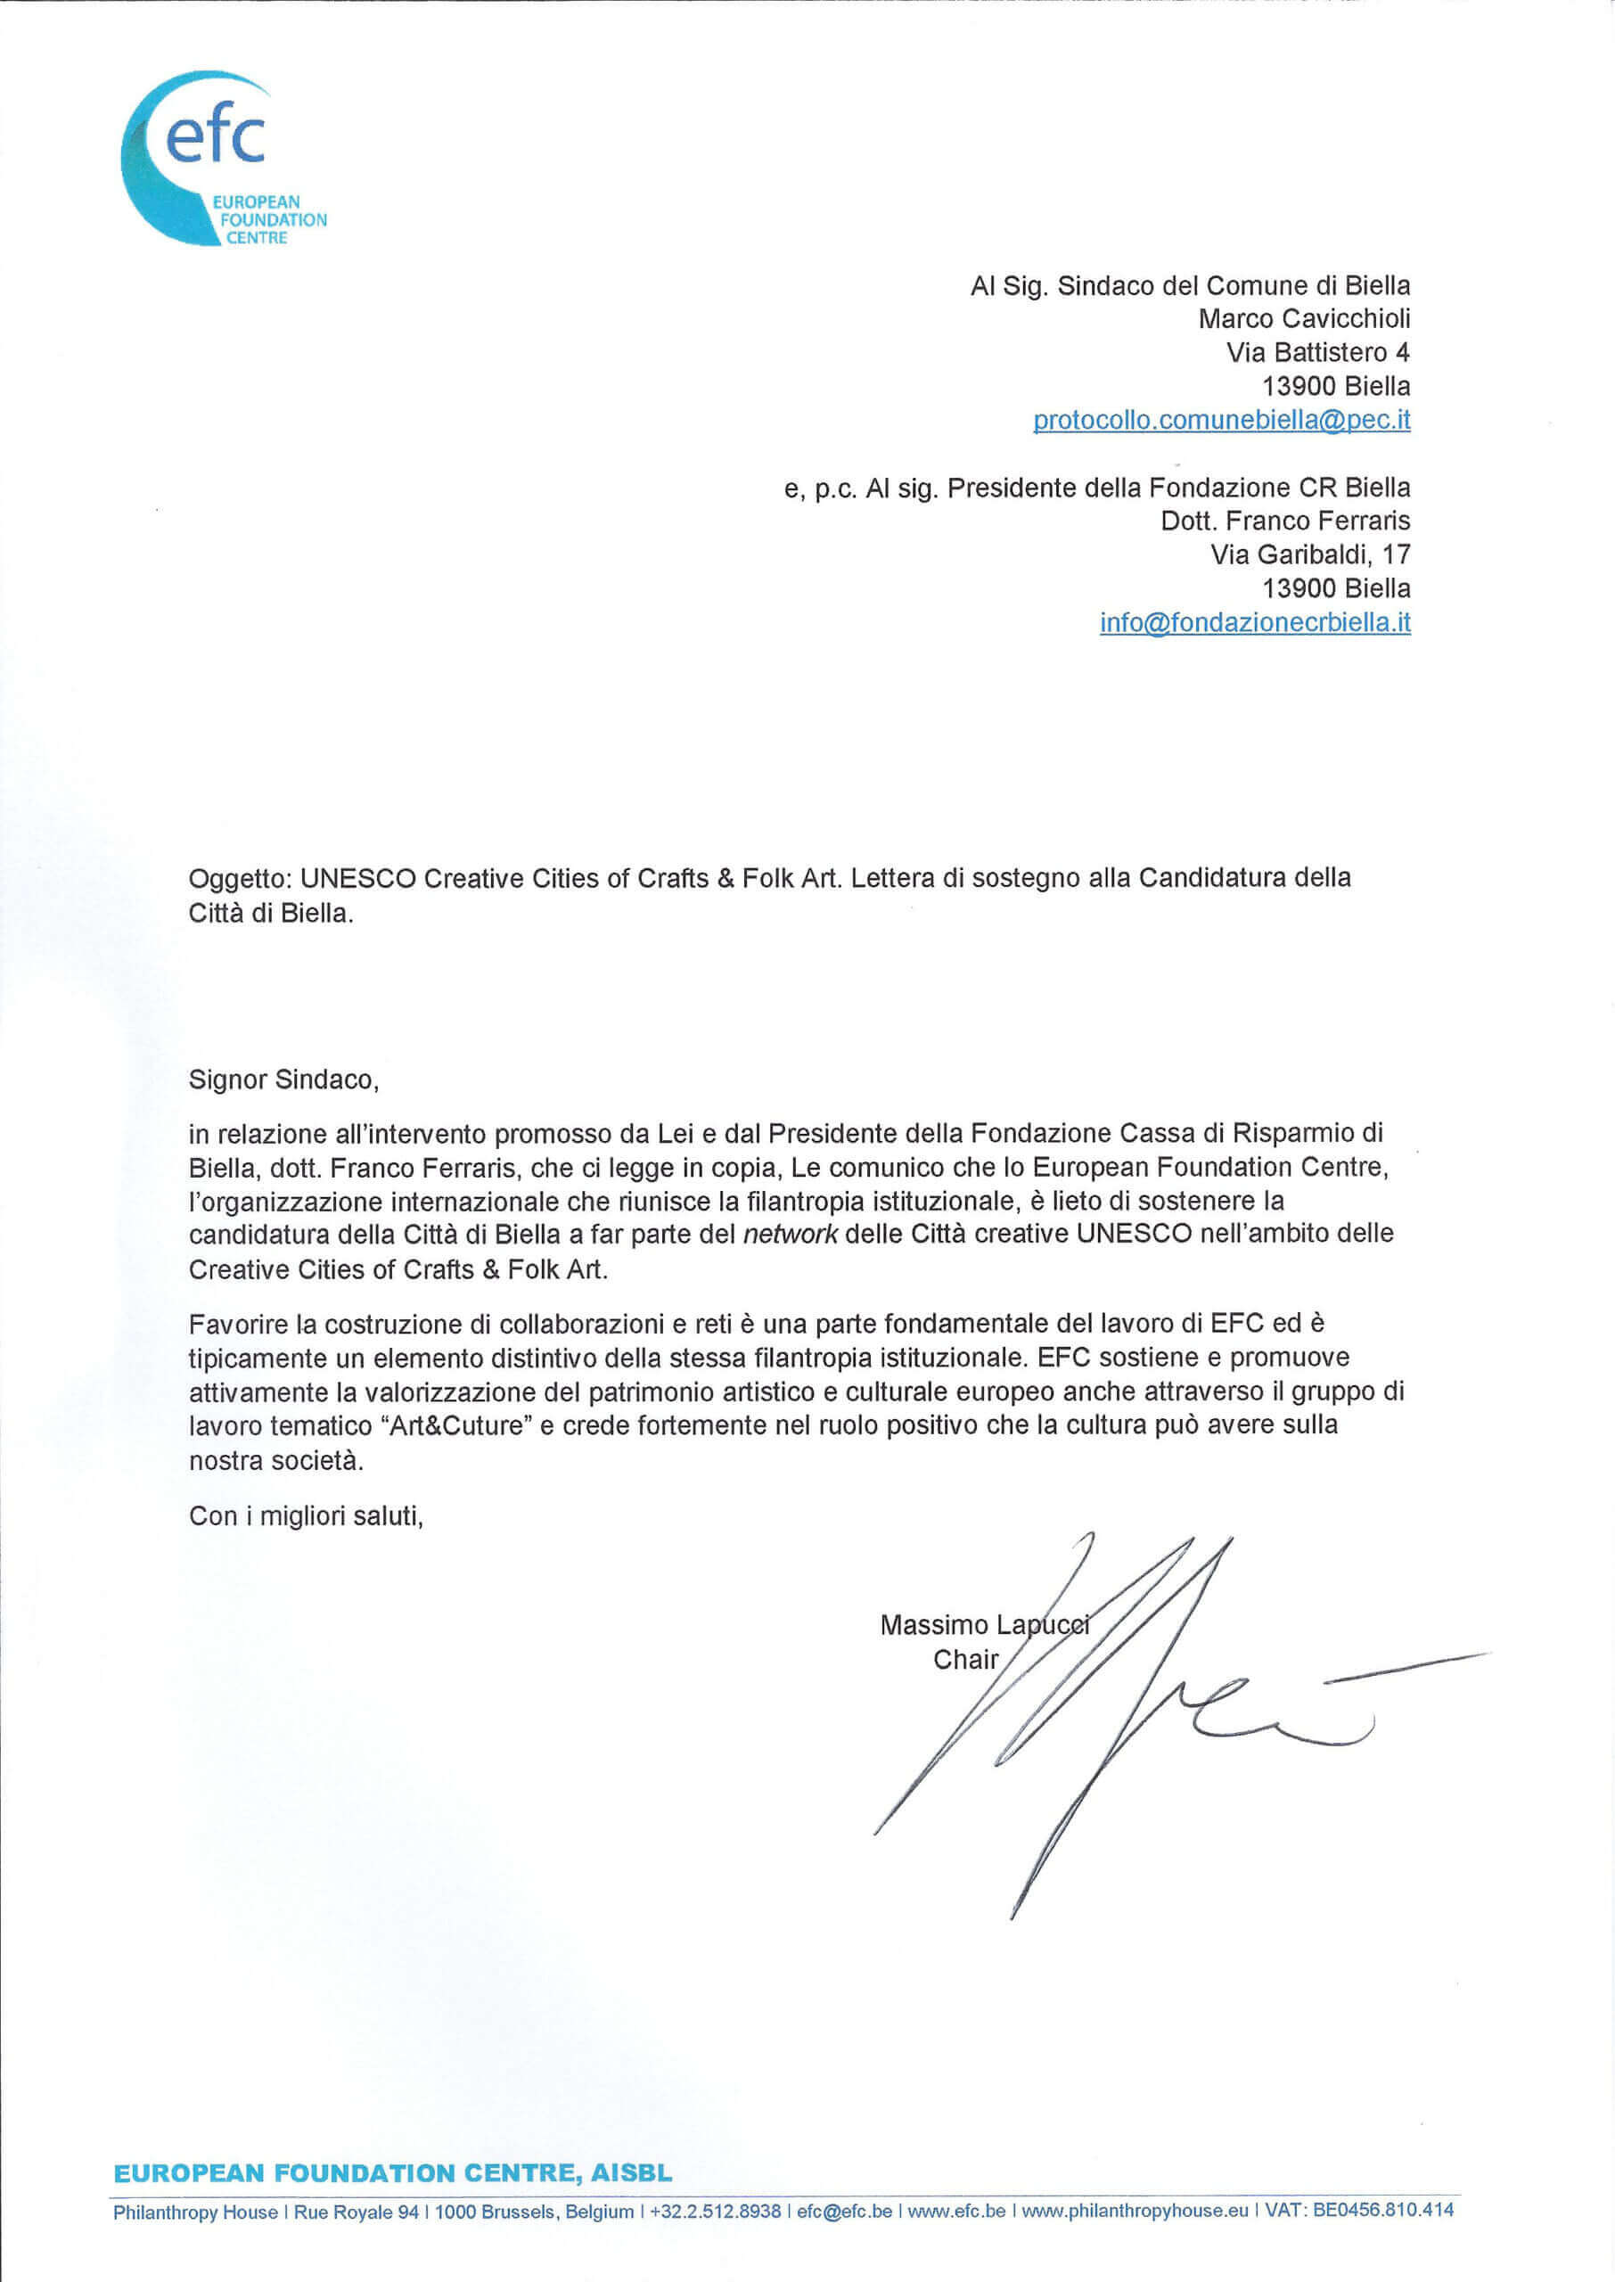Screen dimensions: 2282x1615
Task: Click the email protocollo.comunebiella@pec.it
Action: point(1221,420)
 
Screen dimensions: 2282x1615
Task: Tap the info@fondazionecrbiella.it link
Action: point(1254,622)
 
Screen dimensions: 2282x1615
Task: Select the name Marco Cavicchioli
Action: point(1303,319)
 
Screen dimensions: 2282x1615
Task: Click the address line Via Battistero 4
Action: point(1316,352)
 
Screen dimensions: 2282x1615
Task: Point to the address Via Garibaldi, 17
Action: point(1308,554)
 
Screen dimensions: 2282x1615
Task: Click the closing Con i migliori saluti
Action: point(307,1516)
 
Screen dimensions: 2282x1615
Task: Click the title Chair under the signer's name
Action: point(964,1660)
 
